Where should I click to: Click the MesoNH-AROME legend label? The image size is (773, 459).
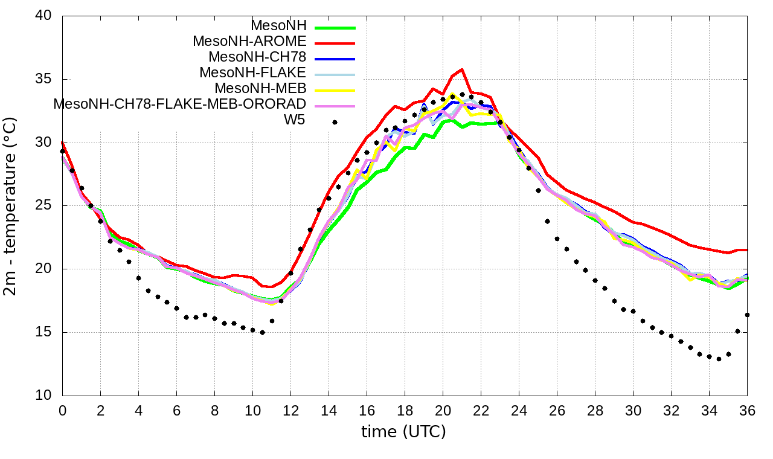click(x=250, y=42)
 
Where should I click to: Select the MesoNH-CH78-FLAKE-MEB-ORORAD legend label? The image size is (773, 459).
click(x=180, y=104)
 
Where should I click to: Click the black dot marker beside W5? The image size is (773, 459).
click(x=335, y=122)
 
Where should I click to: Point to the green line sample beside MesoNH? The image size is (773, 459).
click(x=335, y=27)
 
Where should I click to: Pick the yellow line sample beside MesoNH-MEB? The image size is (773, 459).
click(x=335, y=90)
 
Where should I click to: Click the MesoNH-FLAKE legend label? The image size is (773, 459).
click(x=253, y=72)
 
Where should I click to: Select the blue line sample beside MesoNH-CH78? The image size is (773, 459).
click(x=335, y=59)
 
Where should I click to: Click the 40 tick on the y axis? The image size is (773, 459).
click(x=45, y=16)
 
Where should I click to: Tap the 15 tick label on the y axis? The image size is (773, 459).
click(x=45, y=333)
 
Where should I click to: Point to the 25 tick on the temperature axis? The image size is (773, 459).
click(x=45, y=206)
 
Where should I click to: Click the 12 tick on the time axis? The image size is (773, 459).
click(x=290, y=409)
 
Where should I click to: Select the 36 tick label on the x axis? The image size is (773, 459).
click(x=747, y=409)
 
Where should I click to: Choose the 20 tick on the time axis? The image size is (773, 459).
click(x=443, y=409)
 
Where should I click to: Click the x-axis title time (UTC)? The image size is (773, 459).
click(x=403, y=432)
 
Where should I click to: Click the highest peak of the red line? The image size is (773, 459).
click(x=462, y=69)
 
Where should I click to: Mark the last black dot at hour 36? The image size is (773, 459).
click(x=747, y=315)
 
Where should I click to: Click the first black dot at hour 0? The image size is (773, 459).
click(x=62, y=152)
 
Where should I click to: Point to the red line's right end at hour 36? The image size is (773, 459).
click(x=747, y=250)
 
